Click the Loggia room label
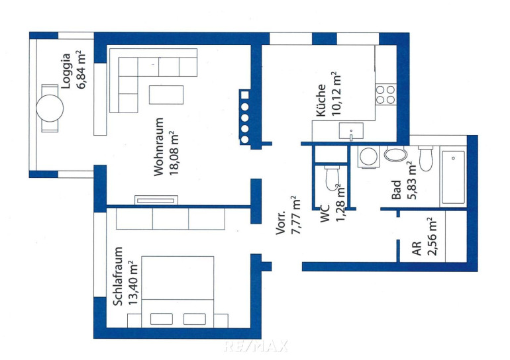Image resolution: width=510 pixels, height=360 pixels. [66, 71]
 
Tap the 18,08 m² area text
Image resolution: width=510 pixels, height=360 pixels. [174, 153]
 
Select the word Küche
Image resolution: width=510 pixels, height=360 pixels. [321, 100]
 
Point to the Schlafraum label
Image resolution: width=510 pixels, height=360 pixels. [118, 276]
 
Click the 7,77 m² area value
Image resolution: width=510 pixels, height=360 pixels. [295, 215]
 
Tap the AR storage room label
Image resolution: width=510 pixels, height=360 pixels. [417, 248]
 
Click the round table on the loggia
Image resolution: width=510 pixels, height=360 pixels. [50, 108]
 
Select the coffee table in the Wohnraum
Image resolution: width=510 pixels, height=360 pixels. [166, 95]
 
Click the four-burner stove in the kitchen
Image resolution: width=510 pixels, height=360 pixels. [385, 94]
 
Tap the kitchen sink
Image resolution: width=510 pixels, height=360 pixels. [351, 131]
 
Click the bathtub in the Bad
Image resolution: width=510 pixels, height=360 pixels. [453, 177]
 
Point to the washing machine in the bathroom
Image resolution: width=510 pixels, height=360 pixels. [368, 157]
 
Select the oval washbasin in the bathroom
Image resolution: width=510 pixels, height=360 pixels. [395, 154]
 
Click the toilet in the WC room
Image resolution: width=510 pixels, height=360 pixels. [332, 178]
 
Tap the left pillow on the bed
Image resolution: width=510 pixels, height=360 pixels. [162, 319]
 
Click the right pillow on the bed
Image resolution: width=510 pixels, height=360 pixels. [195, 319]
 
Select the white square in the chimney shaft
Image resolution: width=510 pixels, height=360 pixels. [244, 95]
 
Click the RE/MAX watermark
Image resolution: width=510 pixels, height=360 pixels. [256, 346]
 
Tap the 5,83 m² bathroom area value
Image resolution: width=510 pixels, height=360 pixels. [412, 180]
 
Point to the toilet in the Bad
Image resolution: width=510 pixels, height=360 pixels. [426, 158]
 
